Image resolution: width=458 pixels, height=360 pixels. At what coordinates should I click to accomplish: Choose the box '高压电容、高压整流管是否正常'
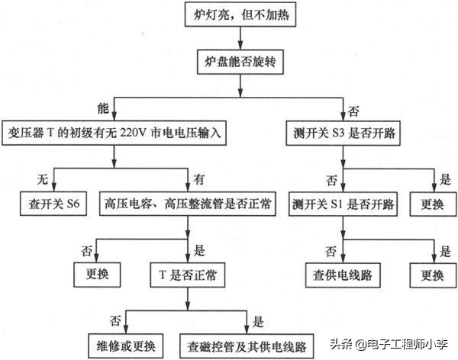point(187,205)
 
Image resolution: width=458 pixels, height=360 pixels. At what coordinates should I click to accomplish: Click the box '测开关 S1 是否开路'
point(343,205)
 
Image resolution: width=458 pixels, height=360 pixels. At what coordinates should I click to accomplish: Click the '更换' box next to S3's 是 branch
point(431,205)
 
